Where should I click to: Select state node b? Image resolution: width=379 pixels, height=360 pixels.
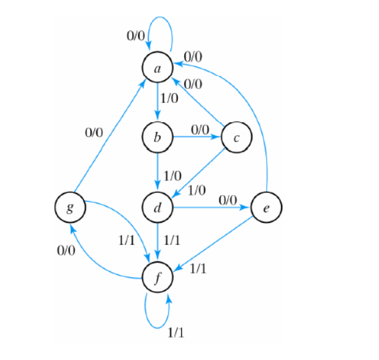(x=158, y=137)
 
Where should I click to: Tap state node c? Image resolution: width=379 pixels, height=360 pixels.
(x=236, y=137)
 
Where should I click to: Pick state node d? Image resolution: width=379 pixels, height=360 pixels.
(x=158, y=209)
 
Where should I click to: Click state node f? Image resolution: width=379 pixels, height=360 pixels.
(x=158, y=279)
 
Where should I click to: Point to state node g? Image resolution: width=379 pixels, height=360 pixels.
(x=69, y=209)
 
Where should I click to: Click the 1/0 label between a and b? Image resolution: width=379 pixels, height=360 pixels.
(x=171, y=99)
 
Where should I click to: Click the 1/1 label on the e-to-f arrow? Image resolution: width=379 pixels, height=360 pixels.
(x=198, y=268)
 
